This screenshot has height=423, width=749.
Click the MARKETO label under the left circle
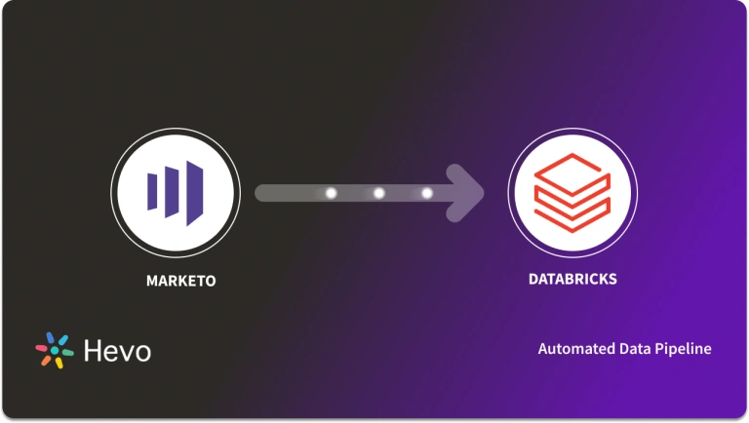click(x=180, y=282)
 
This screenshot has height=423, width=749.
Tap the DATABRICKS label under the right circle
click(x=572, y=279)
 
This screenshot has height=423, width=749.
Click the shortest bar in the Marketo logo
click(x=151, y=189)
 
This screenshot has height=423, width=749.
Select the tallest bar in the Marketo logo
click(x=194, y=189)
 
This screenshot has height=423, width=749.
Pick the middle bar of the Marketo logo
click(x=172, y=189)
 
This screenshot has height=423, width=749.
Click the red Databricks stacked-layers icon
click(x=572, y=191)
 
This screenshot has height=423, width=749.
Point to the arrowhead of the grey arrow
click(x=470, y=192)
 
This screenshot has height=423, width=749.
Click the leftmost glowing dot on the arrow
click(x=331, y=193)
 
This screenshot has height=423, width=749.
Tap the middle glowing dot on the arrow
click(x=378, y=193)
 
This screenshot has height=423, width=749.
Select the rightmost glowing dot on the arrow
click(x=426, y=193)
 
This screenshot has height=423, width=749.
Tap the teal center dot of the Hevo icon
click(x=55, y=351)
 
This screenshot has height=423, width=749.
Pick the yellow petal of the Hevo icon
click(x=59, y=363)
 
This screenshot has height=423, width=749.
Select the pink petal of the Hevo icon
click(x=42, y=347)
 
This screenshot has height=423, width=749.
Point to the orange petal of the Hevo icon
click(x=45, y=360)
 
